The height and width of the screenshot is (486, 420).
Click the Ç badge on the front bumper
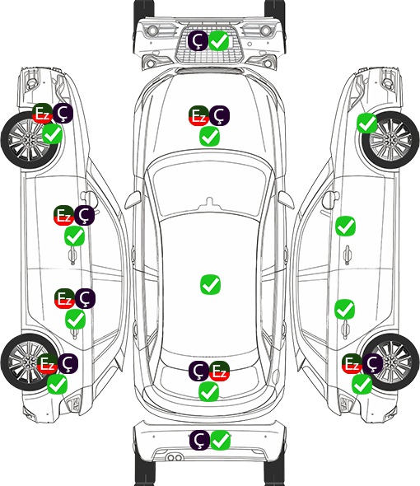click(x=198, y=40)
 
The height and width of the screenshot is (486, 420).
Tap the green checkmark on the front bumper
click(x=219, y=40)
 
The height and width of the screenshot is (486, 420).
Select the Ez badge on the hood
click(x=198, y=115)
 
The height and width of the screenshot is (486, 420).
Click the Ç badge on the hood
click(x=219, y=115)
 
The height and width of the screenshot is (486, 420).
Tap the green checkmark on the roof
click(x=210, y=284)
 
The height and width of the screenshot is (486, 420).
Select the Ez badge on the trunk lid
click(x=219, y=371)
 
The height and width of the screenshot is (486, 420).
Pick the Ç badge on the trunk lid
click(x=198, y=371)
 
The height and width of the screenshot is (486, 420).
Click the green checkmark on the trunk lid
click(x=209, y=392)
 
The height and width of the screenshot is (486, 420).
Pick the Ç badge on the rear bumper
click(x=199, y=440)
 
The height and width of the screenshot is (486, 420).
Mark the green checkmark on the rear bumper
click(x=221, y=440)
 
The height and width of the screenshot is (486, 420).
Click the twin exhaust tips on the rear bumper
click(x=175, y=457)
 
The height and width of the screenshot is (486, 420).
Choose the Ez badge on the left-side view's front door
click(x=63, y=215)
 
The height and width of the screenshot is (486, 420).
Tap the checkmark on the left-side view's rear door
click(x=75, y=320)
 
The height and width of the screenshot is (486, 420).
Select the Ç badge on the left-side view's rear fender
click(x=68, y=363)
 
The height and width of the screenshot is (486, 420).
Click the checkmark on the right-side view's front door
click(x=346, y=227)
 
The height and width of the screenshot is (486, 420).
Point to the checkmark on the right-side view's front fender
click(x=367, y=123)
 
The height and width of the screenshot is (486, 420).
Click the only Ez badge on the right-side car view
click(x=352, y=363)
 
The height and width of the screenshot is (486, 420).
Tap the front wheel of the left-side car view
click(x=29, y=141)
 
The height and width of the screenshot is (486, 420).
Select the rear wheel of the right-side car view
click(x=390, y=362)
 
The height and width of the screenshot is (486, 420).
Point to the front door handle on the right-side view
click(x=348, y=255)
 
